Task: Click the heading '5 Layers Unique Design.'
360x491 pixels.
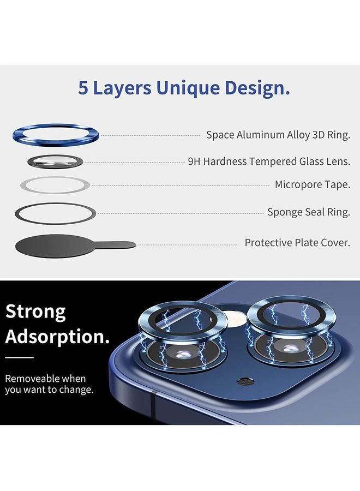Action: [184, 88]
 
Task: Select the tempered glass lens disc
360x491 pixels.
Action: [56, 161]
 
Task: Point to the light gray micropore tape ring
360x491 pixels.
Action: [33, 185]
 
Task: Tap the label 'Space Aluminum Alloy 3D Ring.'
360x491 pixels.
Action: [278, 135]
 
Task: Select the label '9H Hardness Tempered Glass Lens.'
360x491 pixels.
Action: [268, 161]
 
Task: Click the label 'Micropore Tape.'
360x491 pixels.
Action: [312, 184]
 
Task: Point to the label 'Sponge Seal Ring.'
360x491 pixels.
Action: [308, 212]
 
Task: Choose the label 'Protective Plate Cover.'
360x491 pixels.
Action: [297, 242]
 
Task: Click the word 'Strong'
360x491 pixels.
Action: [35, 312]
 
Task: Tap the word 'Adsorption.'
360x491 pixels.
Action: [57, 337]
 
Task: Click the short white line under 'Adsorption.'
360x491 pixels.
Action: [20, 358]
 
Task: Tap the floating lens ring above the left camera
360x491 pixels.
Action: [181, 316]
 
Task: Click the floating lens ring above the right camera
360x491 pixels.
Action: [278, 311]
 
